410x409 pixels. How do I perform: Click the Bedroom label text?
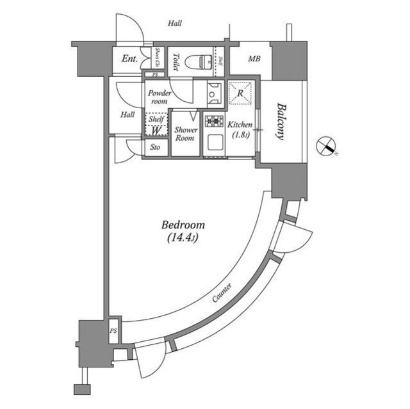[x=183, y=225]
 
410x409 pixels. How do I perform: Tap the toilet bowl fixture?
[x=200, y=61]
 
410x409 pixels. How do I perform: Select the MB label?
[x=254, y=60]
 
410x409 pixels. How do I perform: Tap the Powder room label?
[x=159, y=97]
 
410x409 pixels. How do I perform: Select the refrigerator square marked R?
[x=240, y=93]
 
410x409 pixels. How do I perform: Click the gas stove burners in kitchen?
[x=213, y=120]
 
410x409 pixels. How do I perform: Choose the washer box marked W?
[x=156, y=130]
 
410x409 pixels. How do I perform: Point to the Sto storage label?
[x=156, y=148]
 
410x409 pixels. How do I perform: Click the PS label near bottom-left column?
[x=113, y=331]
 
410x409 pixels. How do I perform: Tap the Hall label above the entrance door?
[x=175, y=24]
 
